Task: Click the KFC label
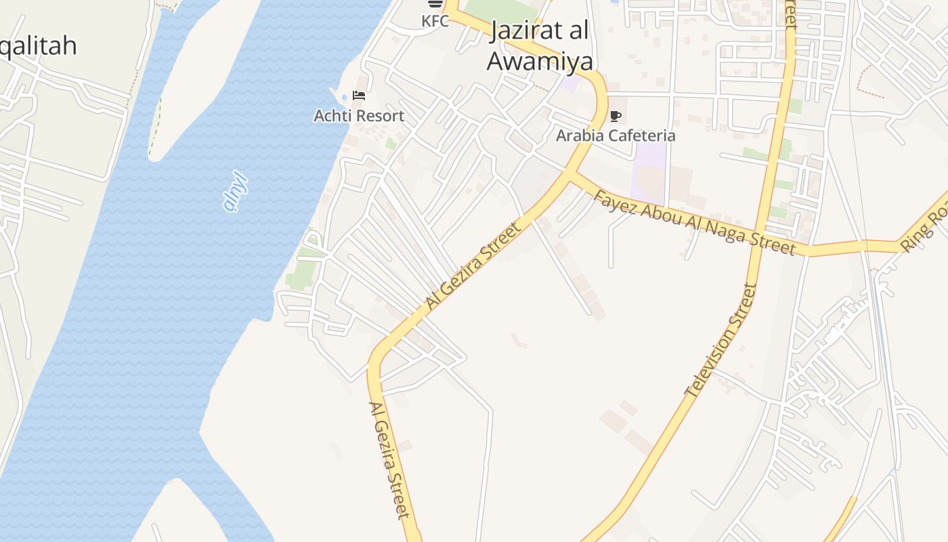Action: click(x=435, y=21)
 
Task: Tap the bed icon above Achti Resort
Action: click(x=359, y=96)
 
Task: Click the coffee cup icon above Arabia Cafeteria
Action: click(x=616, y=116)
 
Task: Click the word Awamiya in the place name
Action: click(x=540, y=61)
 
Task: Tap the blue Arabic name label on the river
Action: click(x=236, y=192)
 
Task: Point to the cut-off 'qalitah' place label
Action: click(x=37, y=46)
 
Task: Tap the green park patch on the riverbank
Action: click(x=303, y=268)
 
